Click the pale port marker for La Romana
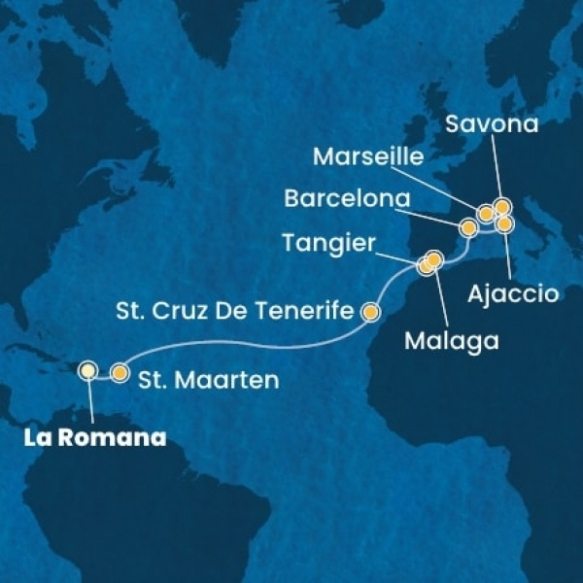click(x=88, y=369)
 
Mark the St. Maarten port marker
click(x=120, y=371)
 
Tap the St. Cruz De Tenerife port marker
click(x=370, y=312)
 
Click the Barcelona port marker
click(x=468, y=228)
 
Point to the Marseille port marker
click(x=486, y=214)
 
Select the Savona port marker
click(x=501, y=206)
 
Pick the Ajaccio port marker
click(x=504, y=224)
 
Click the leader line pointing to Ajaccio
click(x=508, y=253)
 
